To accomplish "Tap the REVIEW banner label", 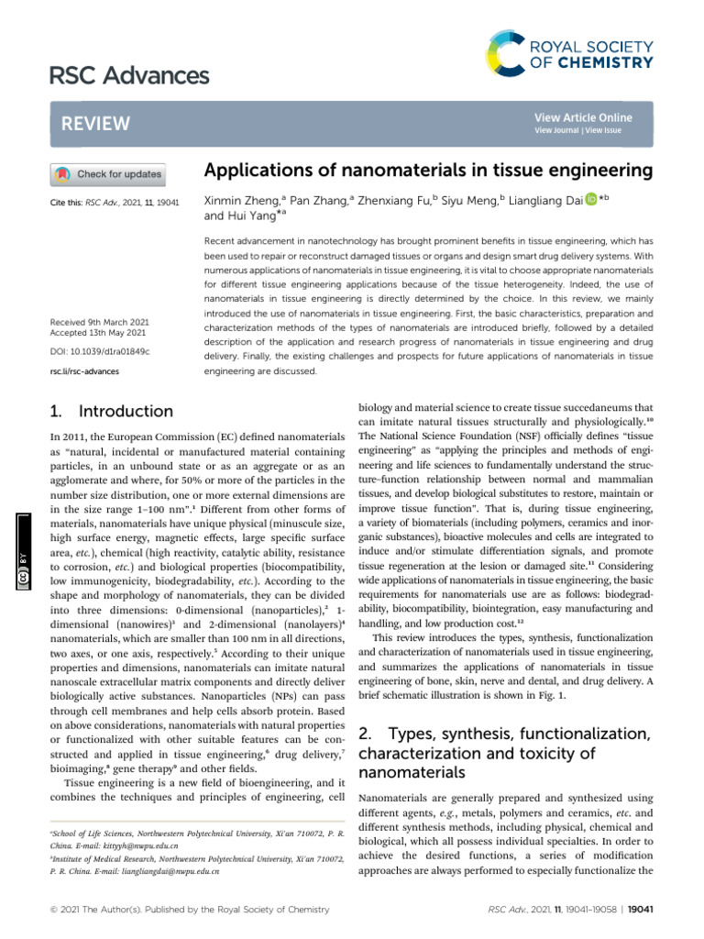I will point(95,124).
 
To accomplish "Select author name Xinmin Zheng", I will point(243,200).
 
